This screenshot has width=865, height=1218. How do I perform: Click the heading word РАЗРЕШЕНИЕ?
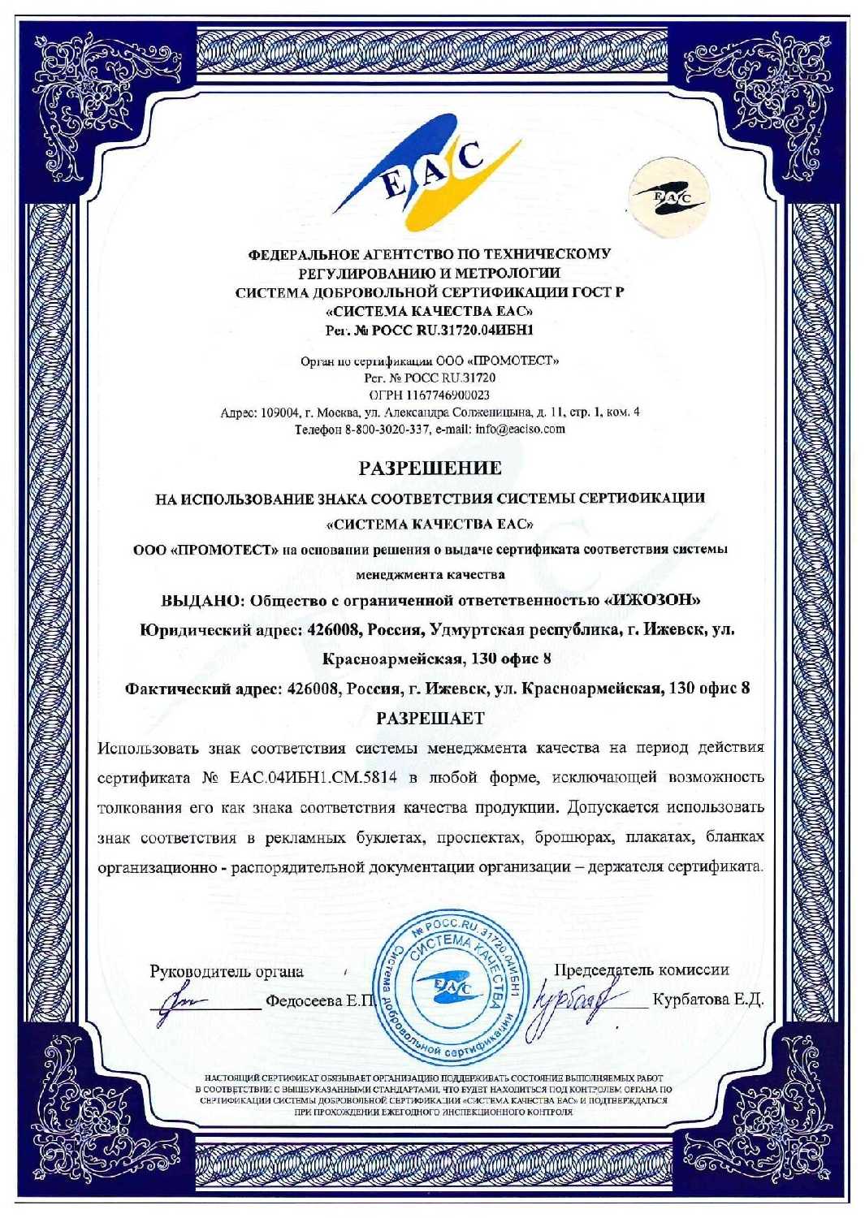click(430, 469)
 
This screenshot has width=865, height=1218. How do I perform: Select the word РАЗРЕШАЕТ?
click(430, 719)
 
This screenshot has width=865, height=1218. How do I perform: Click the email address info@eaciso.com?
click(521, 429)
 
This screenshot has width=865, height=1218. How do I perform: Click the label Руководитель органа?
click(227, 971)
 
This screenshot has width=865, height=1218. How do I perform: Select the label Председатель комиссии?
click(641, 970)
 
